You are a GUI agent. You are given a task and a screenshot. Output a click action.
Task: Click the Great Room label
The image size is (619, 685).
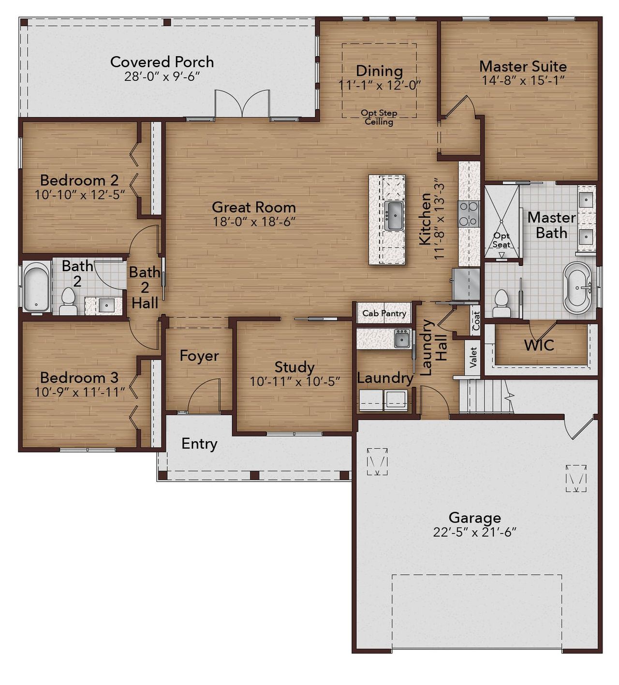[x=254, y=207]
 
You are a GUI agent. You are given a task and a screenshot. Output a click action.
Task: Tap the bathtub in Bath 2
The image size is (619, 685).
[x=36, y=286]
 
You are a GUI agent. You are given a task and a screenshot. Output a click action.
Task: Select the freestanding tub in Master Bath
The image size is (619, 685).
[x=578, y=287]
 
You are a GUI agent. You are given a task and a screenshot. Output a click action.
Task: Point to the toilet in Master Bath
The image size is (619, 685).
[x=501, y=303]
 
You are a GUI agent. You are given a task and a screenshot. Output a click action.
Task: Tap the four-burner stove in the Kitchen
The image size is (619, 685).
[x=468, y=214]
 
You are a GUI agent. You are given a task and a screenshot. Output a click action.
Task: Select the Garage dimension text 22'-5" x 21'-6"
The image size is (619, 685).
[x=475, y=532]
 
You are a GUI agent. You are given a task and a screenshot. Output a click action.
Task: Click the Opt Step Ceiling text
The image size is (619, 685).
[x=379, y=117]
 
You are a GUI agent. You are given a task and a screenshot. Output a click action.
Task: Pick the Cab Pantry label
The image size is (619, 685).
[x=384, y=313]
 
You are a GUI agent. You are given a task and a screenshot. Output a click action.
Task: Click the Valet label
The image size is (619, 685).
[x=473, y=357]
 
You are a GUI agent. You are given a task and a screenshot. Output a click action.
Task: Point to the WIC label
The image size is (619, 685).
[x=539, y=345]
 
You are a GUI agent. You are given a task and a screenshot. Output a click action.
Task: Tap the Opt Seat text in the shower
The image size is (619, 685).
[x=501, y=240]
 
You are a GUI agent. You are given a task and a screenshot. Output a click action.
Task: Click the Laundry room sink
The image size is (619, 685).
[x=402, y=338]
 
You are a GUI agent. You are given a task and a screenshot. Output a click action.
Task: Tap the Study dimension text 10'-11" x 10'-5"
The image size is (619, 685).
[x=295, y=381]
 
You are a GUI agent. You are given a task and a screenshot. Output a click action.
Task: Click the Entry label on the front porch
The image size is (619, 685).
[x=199, y=444]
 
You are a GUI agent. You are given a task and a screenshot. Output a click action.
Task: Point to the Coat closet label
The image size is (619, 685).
[x=476, y=321]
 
